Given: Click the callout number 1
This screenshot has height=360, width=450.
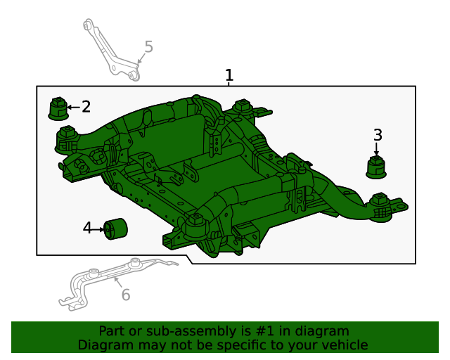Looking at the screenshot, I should [229, 75].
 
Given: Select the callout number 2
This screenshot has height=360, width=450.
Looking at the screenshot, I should [86, 107].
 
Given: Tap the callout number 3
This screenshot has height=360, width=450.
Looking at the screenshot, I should [378, 134].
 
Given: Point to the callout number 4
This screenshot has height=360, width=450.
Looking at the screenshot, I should [87, 228].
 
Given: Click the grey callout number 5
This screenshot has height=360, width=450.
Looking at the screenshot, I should [148, 47].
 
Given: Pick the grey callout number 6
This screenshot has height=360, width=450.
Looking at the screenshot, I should [126, 295].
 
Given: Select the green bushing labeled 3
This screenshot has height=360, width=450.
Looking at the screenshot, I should [378, 167].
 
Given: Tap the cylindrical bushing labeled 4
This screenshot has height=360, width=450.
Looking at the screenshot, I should [116, 229].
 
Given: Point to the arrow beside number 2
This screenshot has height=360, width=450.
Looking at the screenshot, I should [73, 108].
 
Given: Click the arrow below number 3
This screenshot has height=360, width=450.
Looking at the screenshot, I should [377, 148].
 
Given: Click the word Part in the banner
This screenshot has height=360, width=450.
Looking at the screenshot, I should [111, 331].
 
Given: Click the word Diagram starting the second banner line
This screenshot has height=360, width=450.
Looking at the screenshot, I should [103, 345].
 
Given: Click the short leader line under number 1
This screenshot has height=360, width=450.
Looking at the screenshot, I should [229, 84].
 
